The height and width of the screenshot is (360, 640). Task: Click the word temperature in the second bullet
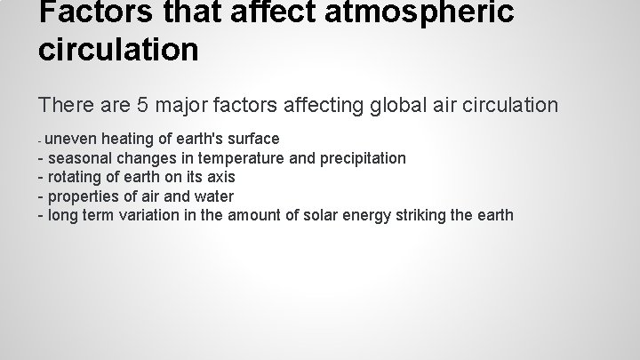click(x=237, y=158)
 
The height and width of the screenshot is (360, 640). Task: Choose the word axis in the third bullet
click(x=220, y=177)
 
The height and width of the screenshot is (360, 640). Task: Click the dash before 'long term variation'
click(x=41, y=215)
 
